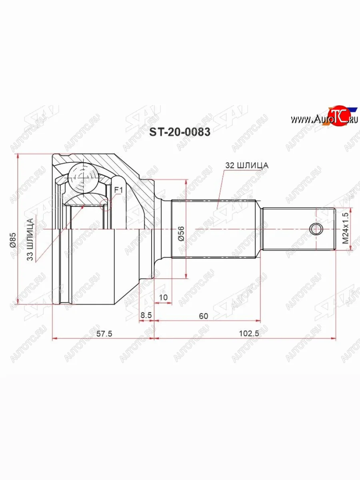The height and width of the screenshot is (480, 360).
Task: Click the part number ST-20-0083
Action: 180,132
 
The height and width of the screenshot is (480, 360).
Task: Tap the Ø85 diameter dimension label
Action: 13,240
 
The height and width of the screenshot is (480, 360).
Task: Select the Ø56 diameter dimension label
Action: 181,234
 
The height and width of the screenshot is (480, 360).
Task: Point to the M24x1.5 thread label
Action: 345,228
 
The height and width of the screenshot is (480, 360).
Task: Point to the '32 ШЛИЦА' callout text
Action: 247,166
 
